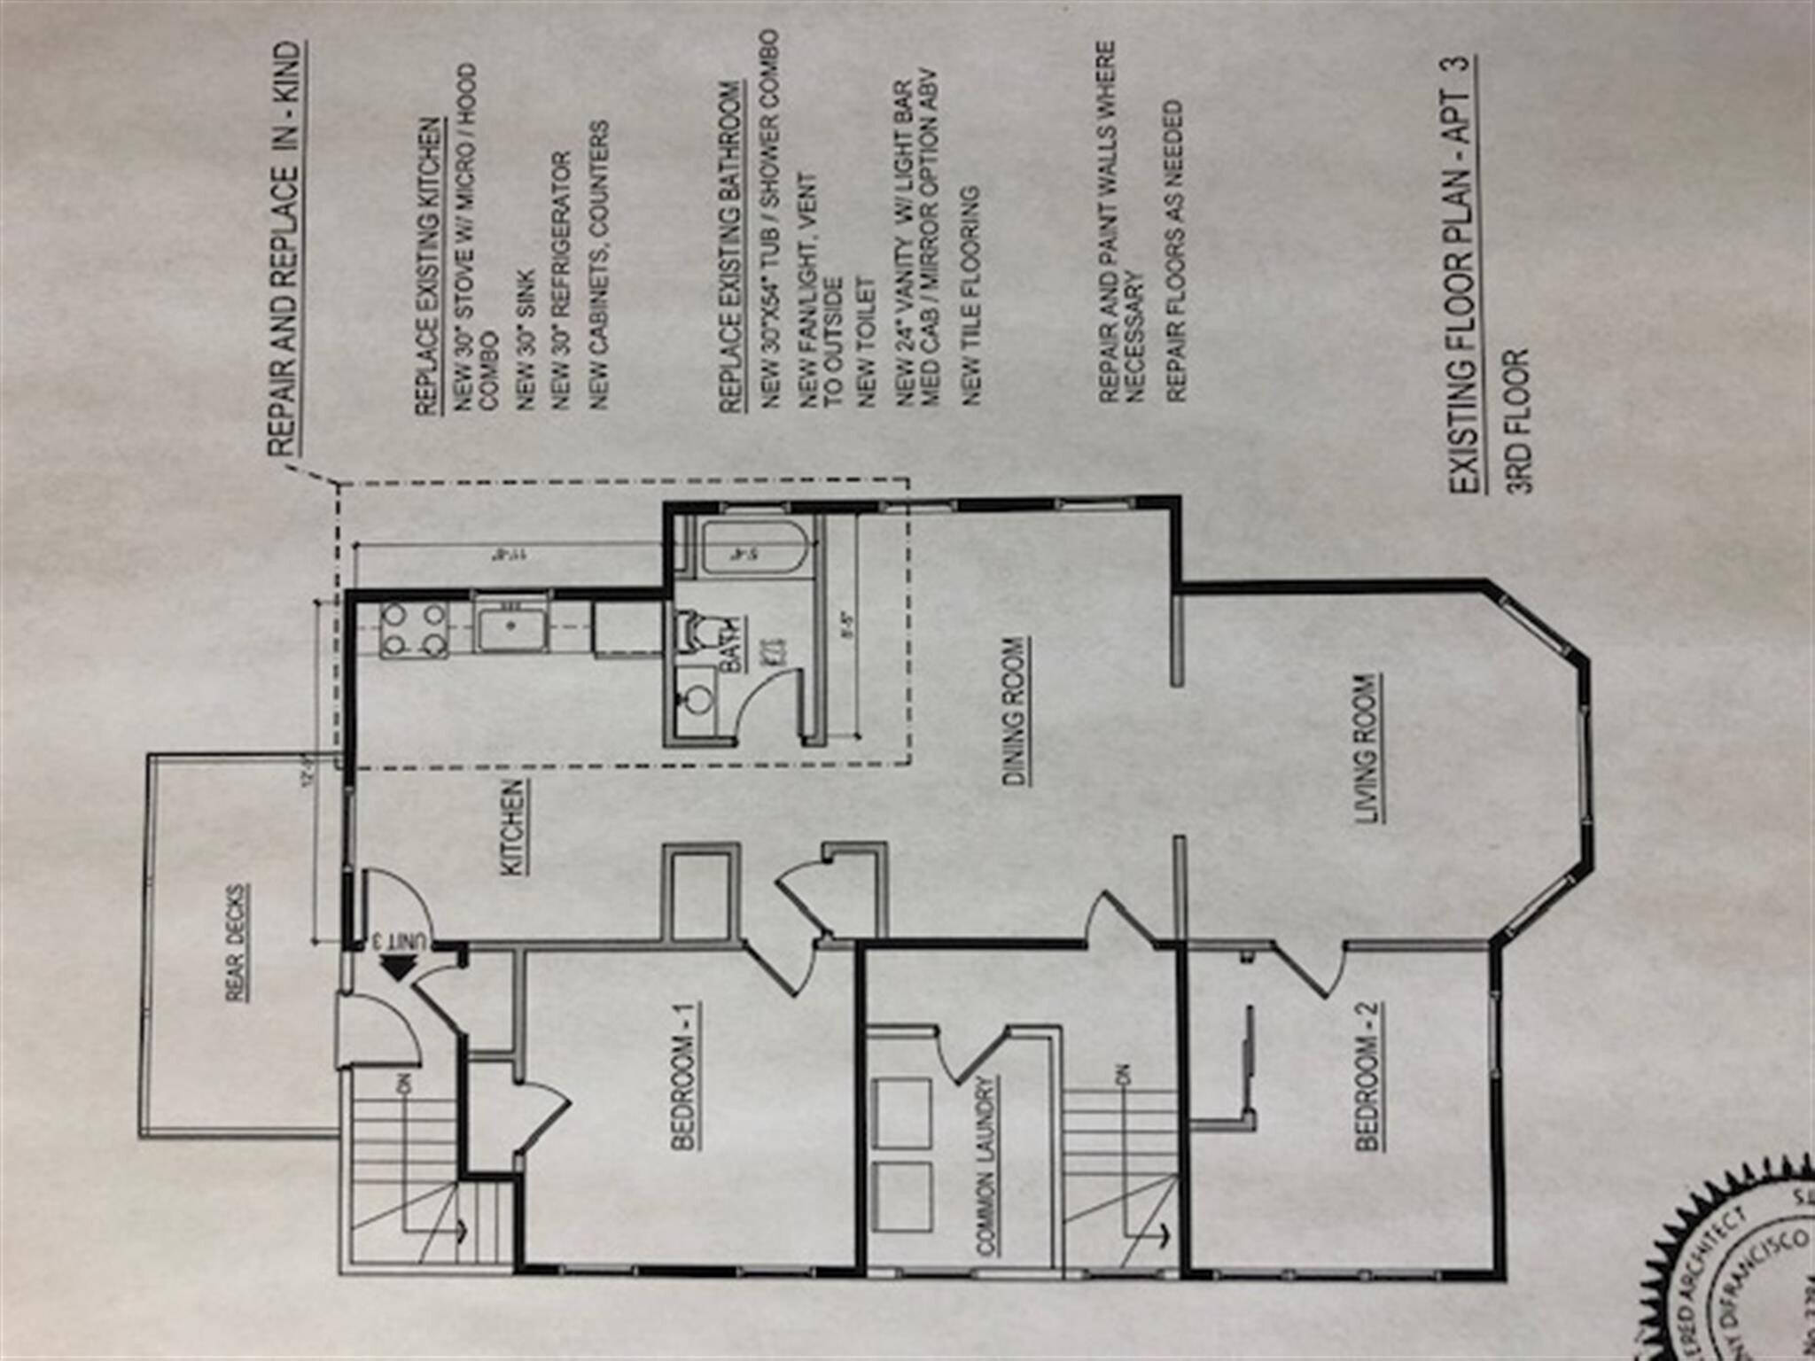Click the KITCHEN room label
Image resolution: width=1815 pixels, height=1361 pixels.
pyautogui.click(x=513, y=828)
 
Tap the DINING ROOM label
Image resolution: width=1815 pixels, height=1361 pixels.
pyautogui.click(x=1016, y=711)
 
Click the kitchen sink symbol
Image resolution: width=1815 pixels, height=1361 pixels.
pyautogui.click(x=512, y=625)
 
